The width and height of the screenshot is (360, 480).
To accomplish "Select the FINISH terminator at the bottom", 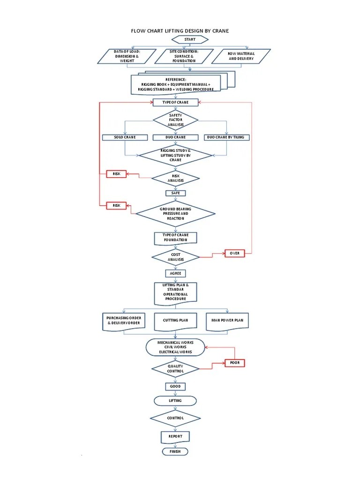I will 175,451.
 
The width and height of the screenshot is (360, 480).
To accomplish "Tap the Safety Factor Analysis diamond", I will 175,120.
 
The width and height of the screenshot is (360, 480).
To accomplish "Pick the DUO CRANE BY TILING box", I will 227,137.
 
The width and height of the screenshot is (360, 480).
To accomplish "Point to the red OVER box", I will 234,253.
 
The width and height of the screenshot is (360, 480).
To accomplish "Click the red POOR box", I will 234,363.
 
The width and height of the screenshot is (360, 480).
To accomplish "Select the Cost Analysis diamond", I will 175,257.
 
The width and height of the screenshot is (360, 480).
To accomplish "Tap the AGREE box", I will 175,273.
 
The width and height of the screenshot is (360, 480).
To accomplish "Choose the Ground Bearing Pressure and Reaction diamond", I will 175,214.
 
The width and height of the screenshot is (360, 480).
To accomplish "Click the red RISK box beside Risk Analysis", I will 116,174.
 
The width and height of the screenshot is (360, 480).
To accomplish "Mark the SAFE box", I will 175,193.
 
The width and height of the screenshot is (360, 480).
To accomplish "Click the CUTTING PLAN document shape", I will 175,321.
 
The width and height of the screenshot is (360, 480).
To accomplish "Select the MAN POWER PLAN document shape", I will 227,321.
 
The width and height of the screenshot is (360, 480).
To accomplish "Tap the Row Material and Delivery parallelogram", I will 241,56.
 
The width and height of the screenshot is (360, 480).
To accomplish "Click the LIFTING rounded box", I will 175,401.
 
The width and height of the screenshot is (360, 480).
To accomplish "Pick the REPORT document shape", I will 175,436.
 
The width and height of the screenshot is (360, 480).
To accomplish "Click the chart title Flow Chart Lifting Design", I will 180,31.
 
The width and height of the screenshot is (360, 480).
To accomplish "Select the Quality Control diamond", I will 175,368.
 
